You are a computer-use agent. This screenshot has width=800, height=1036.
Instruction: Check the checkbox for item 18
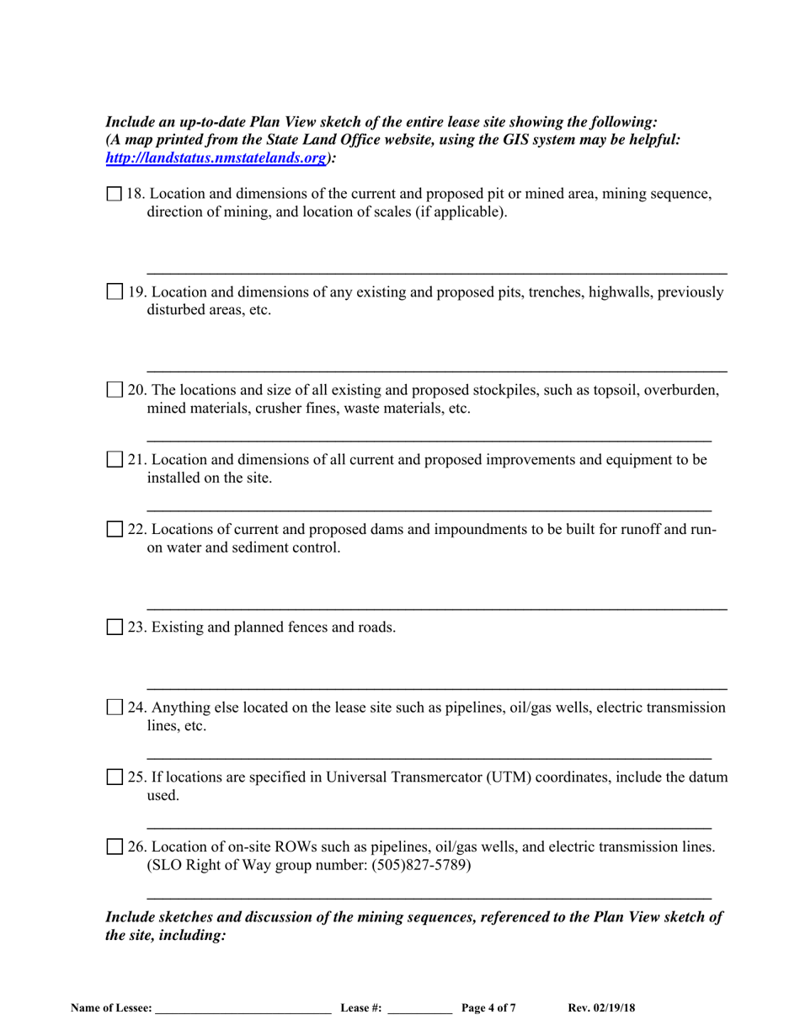click(x=115, y=195)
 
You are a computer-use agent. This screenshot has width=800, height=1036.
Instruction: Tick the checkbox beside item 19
click(x=115, y=292)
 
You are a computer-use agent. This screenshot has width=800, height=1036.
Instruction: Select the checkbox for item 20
click(x=115, y=391)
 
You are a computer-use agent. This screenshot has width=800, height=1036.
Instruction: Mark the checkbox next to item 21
click(x=115, y=461)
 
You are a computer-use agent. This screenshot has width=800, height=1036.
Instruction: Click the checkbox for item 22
click(x=115, y=530)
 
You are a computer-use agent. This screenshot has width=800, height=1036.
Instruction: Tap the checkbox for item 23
click(x=115, y=627)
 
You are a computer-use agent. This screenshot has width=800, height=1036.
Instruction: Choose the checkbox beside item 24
click(x=115, y=708)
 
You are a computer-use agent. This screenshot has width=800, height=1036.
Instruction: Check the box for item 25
click(x=115, y=777)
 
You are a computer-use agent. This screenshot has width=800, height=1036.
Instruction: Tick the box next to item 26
click(x=115, y=846)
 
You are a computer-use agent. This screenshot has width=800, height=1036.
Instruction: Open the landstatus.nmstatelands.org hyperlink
click(x=215, y=158)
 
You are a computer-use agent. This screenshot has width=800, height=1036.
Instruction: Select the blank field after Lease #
click(x=419, y=1007)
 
